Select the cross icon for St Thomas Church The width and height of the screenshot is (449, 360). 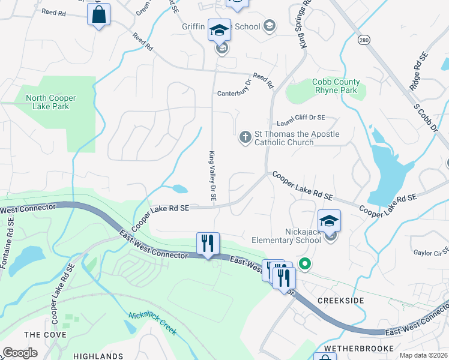[245, 137]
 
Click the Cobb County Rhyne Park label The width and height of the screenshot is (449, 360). [336, 86]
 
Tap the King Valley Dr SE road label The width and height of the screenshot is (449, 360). [213, 175]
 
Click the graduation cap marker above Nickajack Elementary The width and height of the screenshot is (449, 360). [330, 221]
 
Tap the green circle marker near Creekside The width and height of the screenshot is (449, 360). [305, 263]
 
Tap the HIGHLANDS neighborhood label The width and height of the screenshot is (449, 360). [98, 356]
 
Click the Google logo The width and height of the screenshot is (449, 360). [20, 353]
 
